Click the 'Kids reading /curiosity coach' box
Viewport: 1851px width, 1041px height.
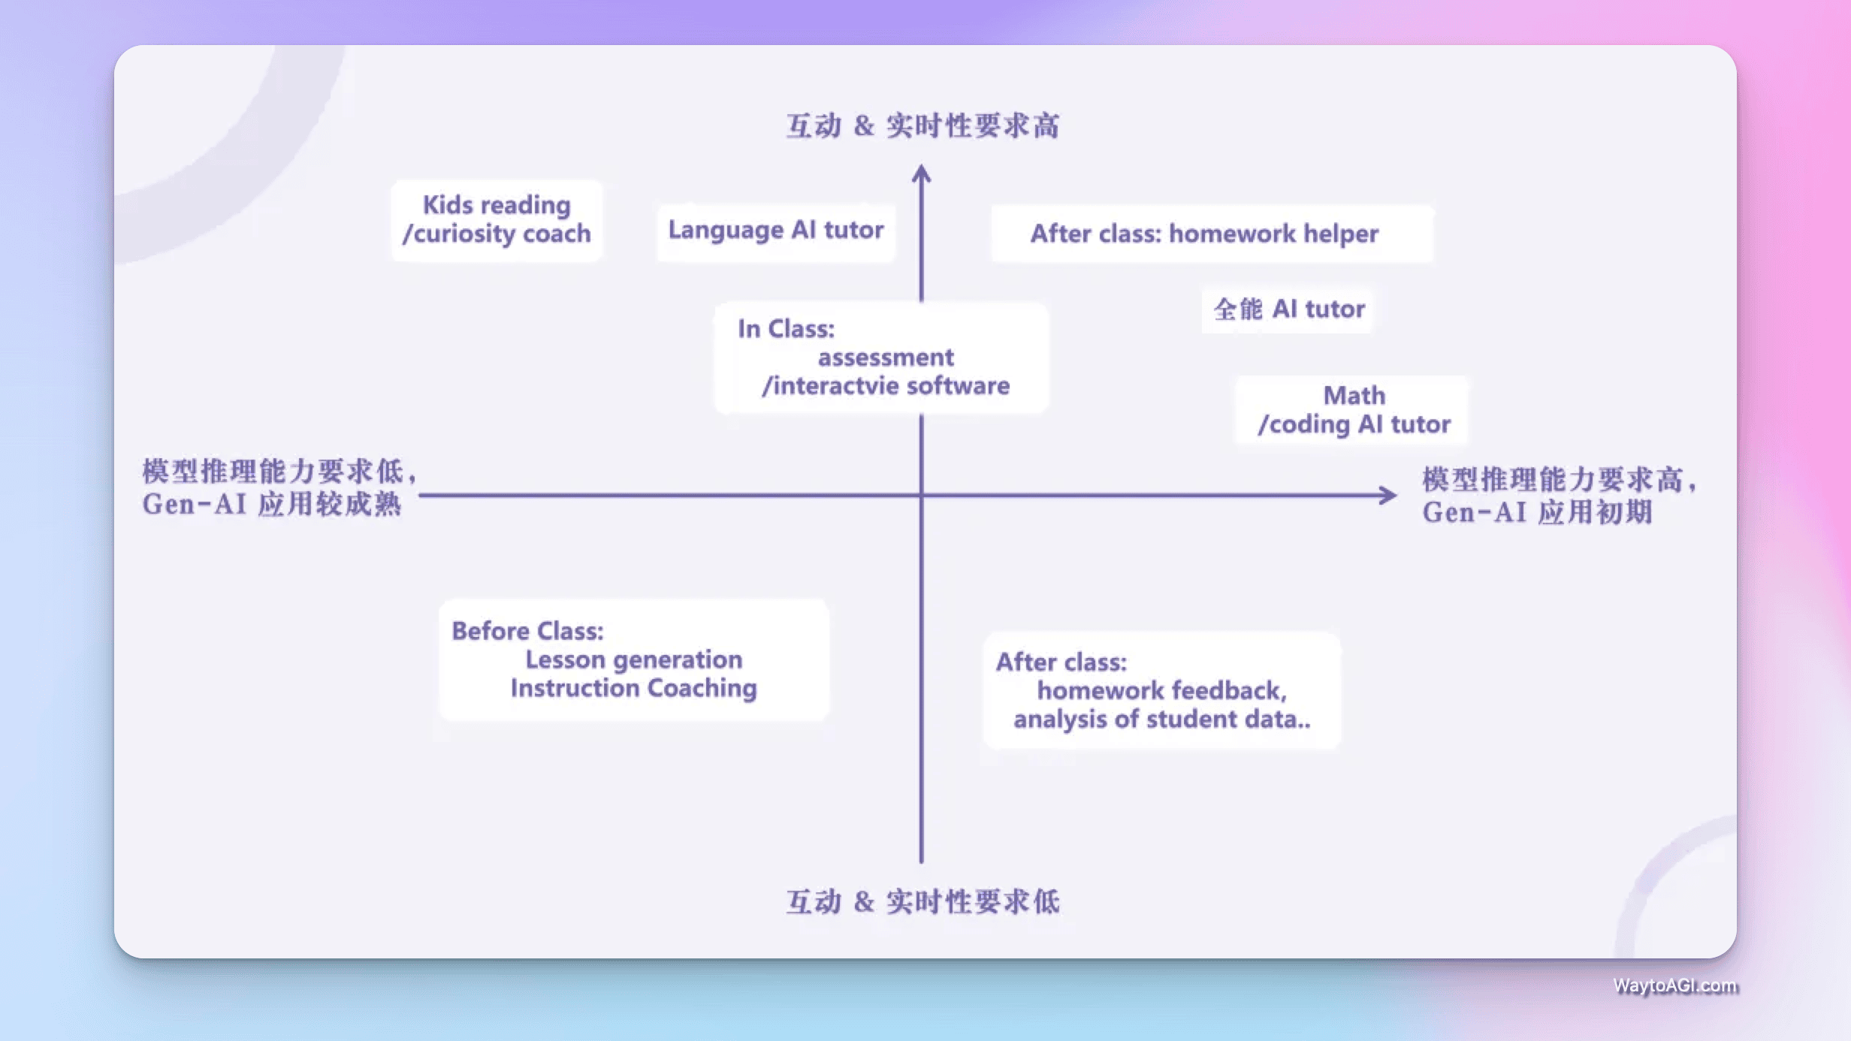coord(497,219)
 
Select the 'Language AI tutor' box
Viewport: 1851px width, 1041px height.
coord(776,231)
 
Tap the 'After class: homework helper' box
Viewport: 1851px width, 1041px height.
coord(1204,234)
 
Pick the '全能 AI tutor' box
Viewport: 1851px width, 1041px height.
coord(1288,309)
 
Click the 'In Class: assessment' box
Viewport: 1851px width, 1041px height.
coord(880,358)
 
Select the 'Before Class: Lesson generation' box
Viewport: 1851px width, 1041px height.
coord(633,659)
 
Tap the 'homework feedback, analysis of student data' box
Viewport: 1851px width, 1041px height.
coord(1161,690)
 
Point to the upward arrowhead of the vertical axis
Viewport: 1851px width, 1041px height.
coord(922,174)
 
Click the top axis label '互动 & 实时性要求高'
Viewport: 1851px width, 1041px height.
coord(922,126)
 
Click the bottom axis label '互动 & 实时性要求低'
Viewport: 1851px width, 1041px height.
coord(922,902)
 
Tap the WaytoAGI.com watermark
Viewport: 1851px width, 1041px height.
coord(1675,985)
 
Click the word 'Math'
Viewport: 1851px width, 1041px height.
coord(1354,395)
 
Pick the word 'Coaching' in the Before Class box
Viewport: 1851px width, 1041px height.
coord(702,688)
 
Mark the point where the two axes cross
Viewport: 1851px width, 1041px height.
coord(922,495)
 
